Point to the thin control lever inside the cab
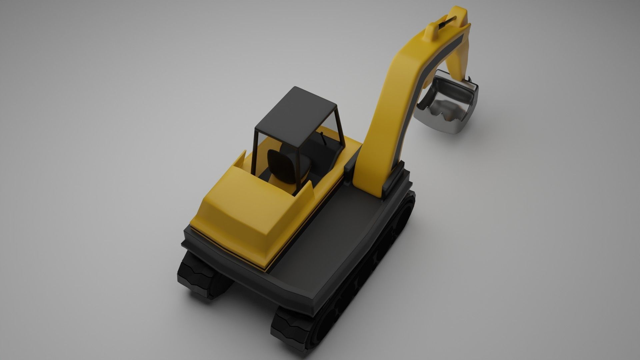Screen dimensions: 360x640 323,138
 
